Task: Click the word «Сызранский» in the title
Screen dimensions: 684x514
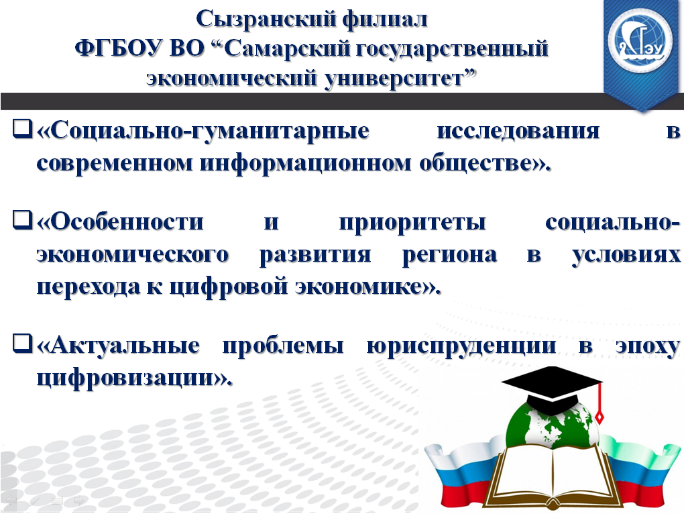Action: [266, 19]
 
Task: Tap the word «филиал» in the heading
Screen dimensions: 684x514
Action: [385, 19]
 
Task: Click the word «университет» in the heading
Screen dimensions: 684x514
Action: [400, 79]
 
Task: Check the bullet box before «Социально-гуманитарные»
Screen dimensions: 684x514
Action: [23, 129]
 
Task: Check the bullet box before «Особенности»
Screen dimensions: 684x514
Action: [23, 220]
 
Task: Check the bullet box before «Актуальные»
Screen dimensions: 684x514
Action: [23, 343]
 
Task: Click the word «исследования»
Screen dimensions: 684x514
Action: [518, 131]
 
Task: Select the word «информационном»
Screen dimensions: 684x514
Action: [305, 163]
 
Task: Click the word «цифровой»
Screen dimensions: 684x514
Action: [228, 287]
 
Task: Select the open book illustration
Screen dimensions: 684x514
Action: [553, 476]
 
